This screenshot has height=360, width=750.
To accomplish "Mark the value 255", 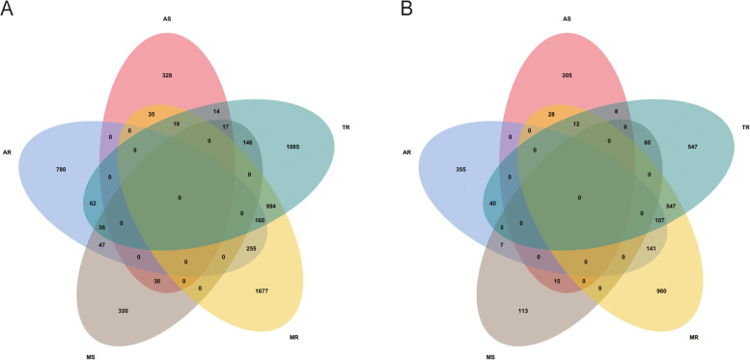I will (252, 248).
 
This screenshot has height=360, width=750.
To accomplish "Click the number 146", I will (248, 142).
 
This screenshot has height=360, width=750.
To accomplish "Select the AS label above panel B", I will (566, 17).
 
